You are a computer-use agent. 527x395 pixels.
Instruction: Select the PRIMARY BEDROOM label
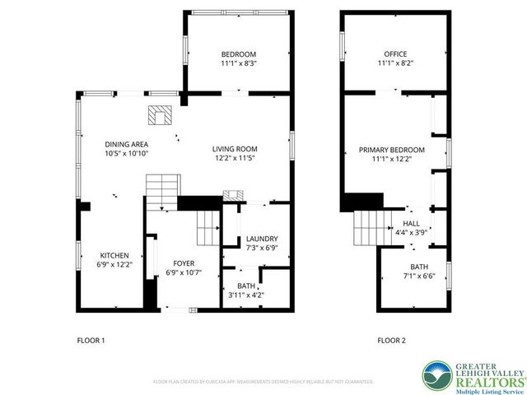point(391,150)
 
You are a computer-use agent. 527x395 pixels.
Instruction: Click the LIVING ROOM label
point(236,148)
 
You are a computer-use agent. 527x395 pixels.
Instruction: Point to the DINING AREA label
point(125,144)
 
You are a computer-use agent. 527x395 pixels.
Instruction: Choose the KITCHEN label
point(114,255)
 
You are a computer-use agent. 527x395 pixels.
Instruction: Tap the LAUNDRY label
point(262,239)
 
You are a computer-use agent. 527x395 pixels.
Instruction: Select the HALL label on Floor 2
point(412,223)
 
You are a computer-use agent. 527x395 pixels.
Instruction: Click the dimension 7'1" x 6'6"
point(418,276)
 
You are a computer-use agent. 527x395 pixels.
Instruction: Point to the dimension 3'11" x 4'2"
point(245,295)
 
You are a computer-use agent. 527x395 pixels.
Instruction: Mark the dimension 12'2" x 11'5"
point(236,158)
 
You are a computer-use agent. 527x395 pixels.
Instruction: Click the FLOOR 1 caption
point(91,340)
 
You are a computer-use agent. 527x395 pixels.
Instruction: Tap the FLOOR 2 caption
point(391,340)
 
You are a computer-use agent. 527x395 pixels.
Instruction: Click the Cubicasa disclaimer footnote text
point(263,382)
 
